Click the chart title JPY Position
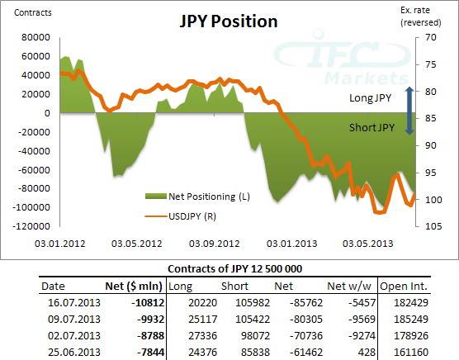pyautogui.click(x=229, y=21)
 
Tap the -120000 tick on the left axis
pyautogui.click(x=31, y=226)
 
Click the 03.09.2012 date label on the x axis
pyautogui.click(x=214, y=244)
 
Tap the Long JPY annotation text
pyautogui.click(x=370, y=98)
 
